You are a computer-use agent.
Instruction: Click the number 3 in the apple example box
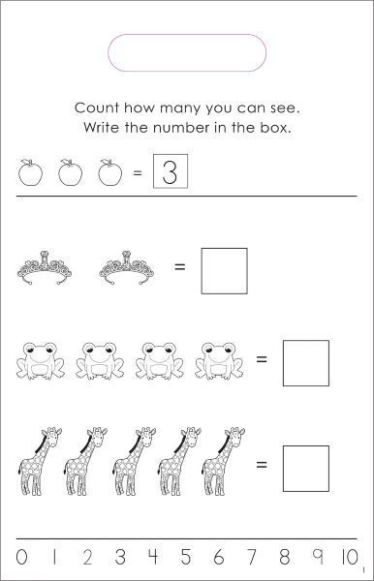coord(171,172)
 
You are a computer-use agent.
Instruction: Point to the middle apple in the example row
coord(70,172)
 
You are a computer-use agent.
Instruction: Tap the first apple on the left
coord(30,172)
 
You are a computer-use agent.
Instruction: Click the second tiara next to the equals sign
coord(126,268)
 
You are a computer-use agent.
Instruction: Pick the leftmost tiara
coord(45,268)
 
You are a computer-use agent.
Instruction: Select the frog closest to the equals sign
coord(219,361)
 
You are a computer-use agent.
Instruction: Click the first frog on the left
coord(41,361)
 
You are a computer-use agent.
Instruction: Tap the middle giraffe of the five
coord(134,461)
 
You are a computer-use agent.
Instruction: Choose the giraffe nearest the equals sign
coord(224,461)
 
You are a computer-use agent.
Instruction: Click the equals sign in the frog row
coord(262,358)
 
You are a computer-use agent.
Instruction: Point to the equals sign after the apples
coord(138,172)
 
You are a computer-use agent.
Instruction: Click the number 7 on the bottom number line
coord(252,557)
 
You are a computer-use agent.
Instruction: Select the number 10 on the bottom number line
coord(350,557)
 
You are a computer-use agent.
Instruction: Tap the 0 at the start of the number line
coord(21,557)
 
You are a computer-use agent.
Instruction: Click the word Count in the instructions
coord(97,107)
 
